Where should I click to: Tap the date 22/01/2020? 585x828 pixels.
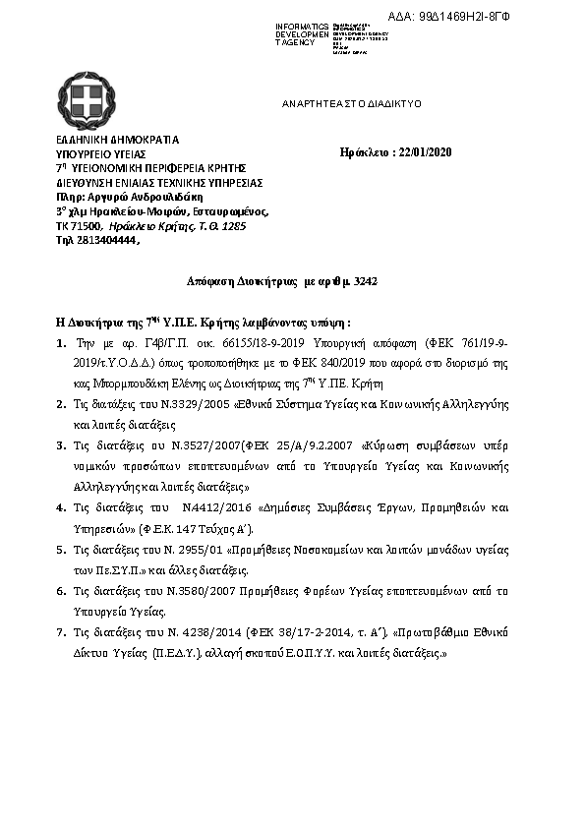422,152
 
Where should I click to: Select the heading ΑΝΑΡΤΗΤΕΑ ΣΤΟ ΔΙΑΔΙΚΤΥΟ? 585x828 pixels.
351,102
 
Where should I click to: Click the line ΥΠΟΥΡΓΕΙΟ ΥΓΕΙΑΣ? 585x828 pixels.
100,153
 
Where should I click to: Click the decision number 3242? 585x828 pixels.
366,281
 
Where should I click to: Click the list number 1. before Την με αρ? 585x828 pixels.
60,344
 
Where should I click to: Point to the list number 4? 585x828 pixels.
60,507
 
